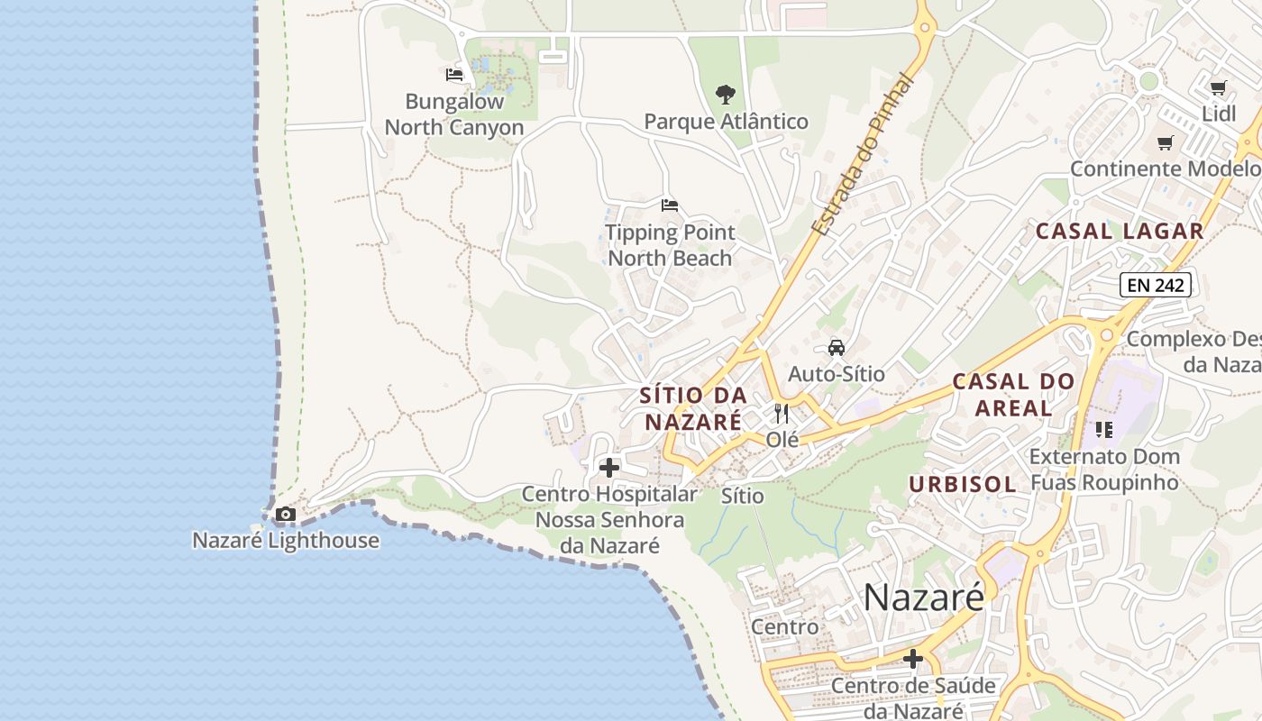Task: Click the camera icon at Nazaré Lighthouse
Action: click(286, 515)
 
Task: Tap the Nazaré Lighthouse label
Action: click(286, 541)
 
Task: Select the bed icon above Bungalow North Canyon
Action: click(454, 75)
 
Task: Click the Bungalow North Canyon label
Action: click(454, 114)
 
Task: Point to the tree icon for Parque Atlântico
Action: click(725, 94)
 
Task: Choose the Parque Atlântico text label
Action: click(727, 122)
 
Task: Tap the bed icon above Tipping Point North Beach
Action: click(669, 205)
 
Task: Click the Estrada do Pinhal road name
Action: click(863, 155)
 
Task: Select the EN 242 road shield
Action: click(1156, 286)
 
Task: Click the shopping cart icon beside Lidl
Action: click(1219, 87)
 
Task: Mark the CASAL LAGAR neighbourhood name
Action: click(1120, 231)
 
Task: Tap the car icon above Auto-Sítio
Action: click(837, 348)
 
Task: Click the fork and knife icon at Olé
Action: click(782, 414)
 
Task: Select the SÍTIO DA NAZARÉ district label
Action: click(693, 408)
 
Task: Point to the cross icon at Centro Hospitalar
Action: click(609, 468)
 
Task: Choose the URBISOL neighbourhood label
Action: click(963, 484)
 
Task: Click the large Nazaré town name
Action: click(924, 597)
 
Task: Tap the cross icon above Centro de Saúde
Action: click(913, 660)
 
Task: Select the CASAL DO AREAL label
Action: click(1014, 395)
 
